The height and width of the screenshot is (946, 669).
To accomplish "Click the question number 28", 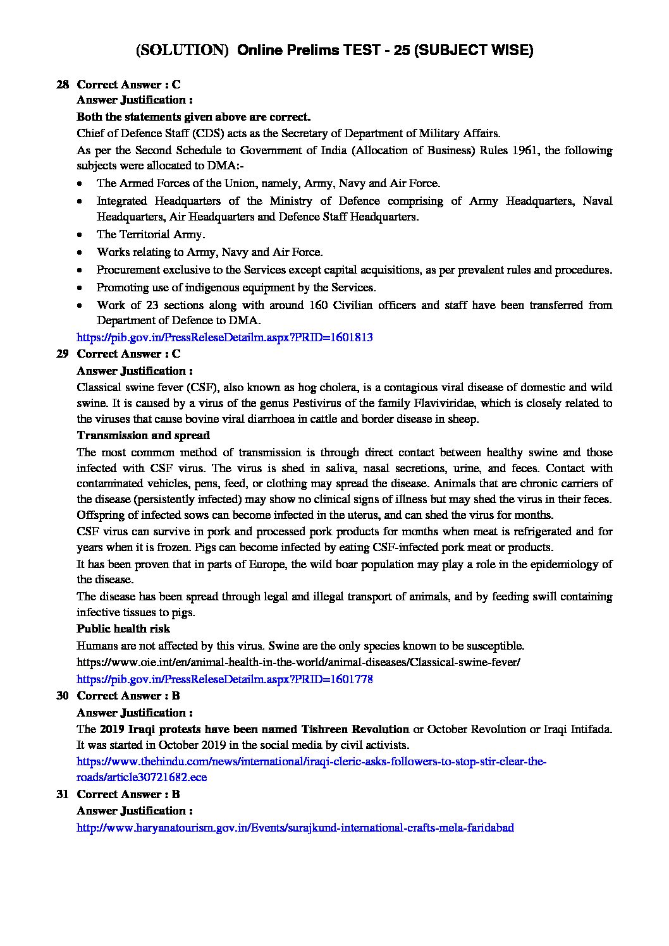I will coord(63,85).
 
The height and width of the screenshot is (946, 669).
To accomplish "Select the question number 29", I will coord(63,354).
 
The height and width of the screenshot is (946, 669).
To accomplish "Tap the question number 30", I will coord(63,696).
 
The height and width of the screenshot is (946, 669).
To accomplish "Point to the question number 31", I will coord(63,794).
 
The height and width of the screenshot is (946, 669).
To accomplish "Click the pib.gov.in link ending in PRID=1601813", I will coord(224,337).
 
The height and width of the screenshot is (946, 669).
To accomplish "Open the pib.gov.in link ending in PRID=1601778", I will coord(224,679).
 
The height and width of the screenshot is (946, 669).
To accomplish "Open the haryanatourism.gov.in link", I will coord(295,827).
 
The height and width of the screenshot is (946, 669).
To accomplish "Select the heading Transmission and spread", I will coord(143,435).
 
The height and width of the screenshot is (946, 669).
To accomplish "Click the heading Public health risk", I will coord(123,629).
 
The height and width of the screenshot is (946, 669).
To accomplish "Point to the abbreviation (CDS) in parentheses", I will coord(197,133).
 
